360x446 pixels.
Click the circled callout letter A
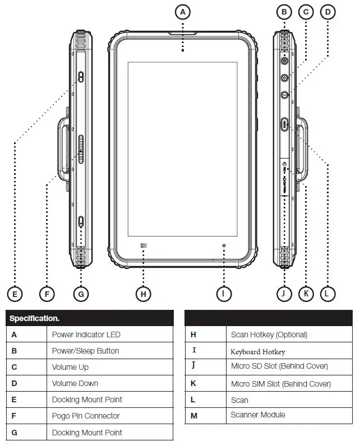183,11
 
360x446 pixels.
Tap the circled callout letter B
284,11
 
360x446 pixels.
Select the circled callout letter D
328,11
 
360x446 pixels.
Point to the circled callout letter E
15,293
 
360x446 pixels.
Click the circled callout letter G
81,293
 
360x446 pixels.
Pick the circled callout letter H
144,293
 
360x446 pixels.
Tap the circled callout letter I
224,293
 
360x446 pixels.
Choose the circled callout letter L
327,293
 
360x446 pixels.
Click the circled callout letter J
284,293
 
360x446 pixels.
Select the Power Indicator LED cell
86,334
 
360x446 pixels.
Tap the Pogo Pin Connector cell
86,416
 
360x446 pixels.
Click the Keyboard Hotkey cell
258,352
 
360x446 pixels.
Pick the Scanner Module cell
258,415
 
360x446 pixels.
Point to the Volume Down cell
75,383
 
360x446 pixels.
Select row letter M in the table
193,415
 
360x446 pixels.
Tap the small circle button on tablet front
224,245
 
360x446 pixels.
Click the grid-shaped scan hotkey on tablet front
144,245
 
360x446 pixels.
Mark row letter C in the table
14,367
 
